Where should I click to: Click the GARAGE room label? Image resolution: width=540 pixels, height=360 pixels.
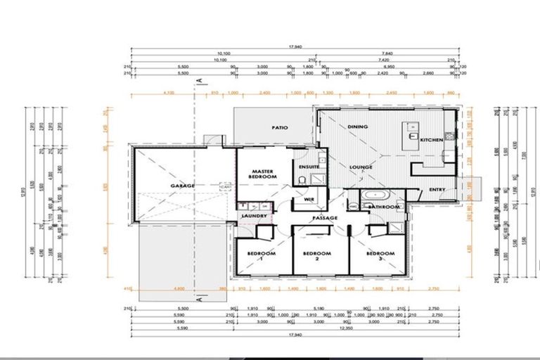coord(182,186)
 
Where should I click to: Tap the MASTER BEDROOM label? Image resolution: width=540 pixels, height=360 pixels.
coord(262,174)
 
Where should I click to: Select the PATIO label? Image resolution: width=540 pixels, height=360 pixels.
coord(281,128)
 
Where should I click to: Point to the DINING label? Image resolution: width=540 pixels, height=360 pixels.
coord(357,127)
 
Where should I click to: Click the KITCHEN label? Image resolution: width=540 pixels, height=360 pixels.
coord(431,140)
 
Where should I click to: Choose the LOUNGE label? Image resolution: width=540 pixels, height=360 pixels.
coord(361,167)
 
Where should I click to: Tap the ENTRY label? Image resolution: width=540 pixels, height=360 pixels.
coord(437,190)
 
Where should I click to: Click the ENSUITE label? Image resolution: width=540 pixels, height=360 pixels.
coord(309,167)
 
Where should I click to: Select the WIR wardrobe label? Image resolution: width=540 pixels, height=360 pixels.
coord(308,200)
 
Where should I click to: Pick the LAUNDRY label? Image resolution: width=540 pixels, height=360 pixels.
coord(252,216)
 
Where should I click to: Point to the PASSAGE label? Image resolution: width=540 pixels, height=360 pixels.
coord(326,218)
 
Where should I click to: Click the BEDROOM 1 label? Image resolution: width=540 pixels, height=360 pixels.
coord(261,255)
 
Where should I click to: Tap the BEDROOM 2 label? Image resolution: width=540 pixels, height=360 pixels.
coord(316,255)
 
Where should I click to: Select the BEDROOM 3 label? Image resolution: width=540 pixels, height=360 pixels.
coord(380,255)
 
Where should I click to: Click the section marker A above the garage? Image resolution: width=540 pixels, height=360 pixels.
coord(200,81)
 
